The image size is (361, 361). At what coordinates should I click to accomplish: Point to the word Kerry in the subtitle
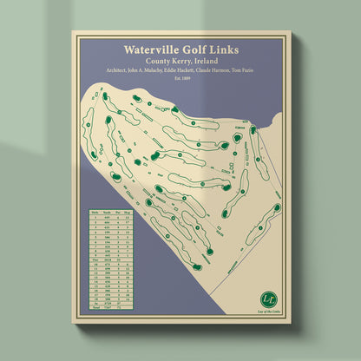point(188,63)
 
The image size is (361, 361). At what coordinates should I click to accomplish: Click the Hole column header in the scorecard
point(94,211)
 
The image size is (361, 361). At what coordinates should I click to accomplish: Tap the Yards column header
point(107,211)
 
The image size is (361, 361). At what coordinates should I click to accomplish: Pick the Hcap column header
point(129,211)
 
